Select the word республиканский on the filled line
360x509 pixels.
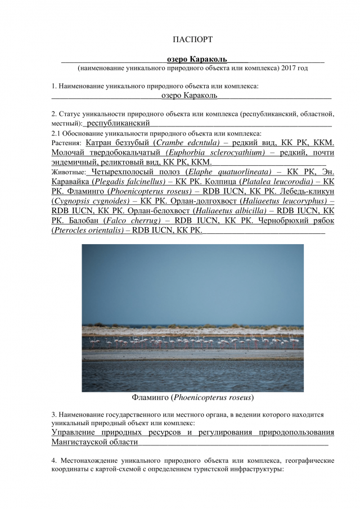pyautogui.click(x=118, y=123)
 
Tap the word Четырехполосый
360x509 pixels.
pyautogui.click(x=121, y=172)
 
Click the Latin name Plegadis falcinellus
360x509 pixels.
pyautogui.click(x=124, y=182)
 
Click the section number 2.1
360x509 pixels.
pyautogui.click(x=56, y=133)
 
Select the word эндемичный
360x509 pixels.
pyautogui.click(x=75, y=162)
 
